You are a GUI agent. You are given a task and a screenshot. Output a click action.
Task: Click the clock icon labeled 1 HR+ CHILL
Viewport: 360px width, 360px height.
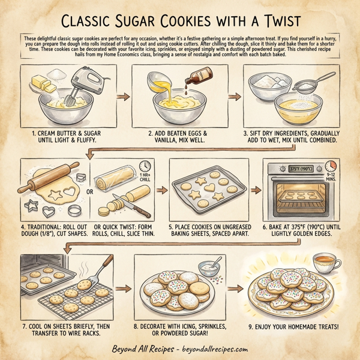point(145,166)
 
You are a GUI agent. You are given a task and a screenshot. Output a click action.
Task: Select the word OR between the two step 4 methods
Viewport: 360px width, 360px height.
point(90,192)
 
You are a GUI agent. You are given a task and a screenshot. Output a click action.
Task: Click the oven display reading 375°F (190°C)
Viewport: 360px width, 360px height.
point(297,169)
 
